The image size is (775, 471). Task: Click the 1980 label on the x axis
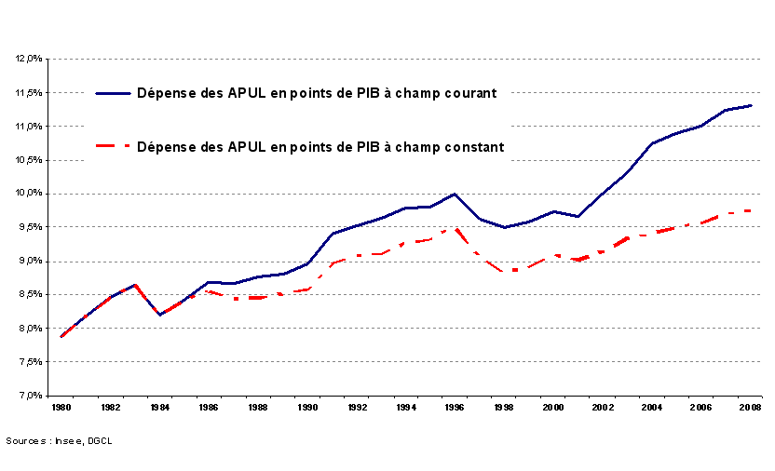click(61, 408)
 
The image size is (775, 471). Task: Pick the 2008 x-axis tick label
click(750, 408)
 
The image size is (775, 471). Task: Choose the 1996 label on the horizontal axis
click(455, 408)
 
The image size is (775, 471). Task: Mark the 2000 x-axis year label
click(553, 408)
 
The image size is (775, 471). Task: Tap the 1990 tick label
click(307, 408)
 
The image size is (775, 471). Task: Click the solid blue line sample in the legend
click(113, 93)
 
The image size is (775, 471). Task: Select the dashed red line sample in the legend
click(113, 146)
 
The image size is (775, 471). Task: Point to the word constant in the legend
click(474, 146)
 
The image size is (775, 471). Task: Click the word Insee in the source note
click(65, 440)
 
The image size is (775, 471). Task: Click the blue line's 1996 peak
click(455, 194)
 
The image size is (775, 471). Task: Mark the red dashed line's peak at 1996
click(455, 229)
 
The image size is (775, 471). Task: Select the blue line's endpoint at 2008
click(751, 105)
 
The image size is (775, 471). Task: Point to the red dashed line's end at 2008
click(751, 210)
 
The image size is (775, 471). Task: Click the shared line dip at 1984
click(160, 315)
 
